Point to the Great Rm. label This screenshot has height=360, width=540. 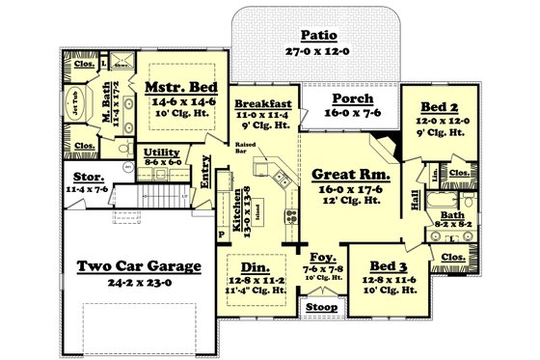[350, 175]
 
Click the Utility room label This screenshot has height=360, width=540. [160, 152]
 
